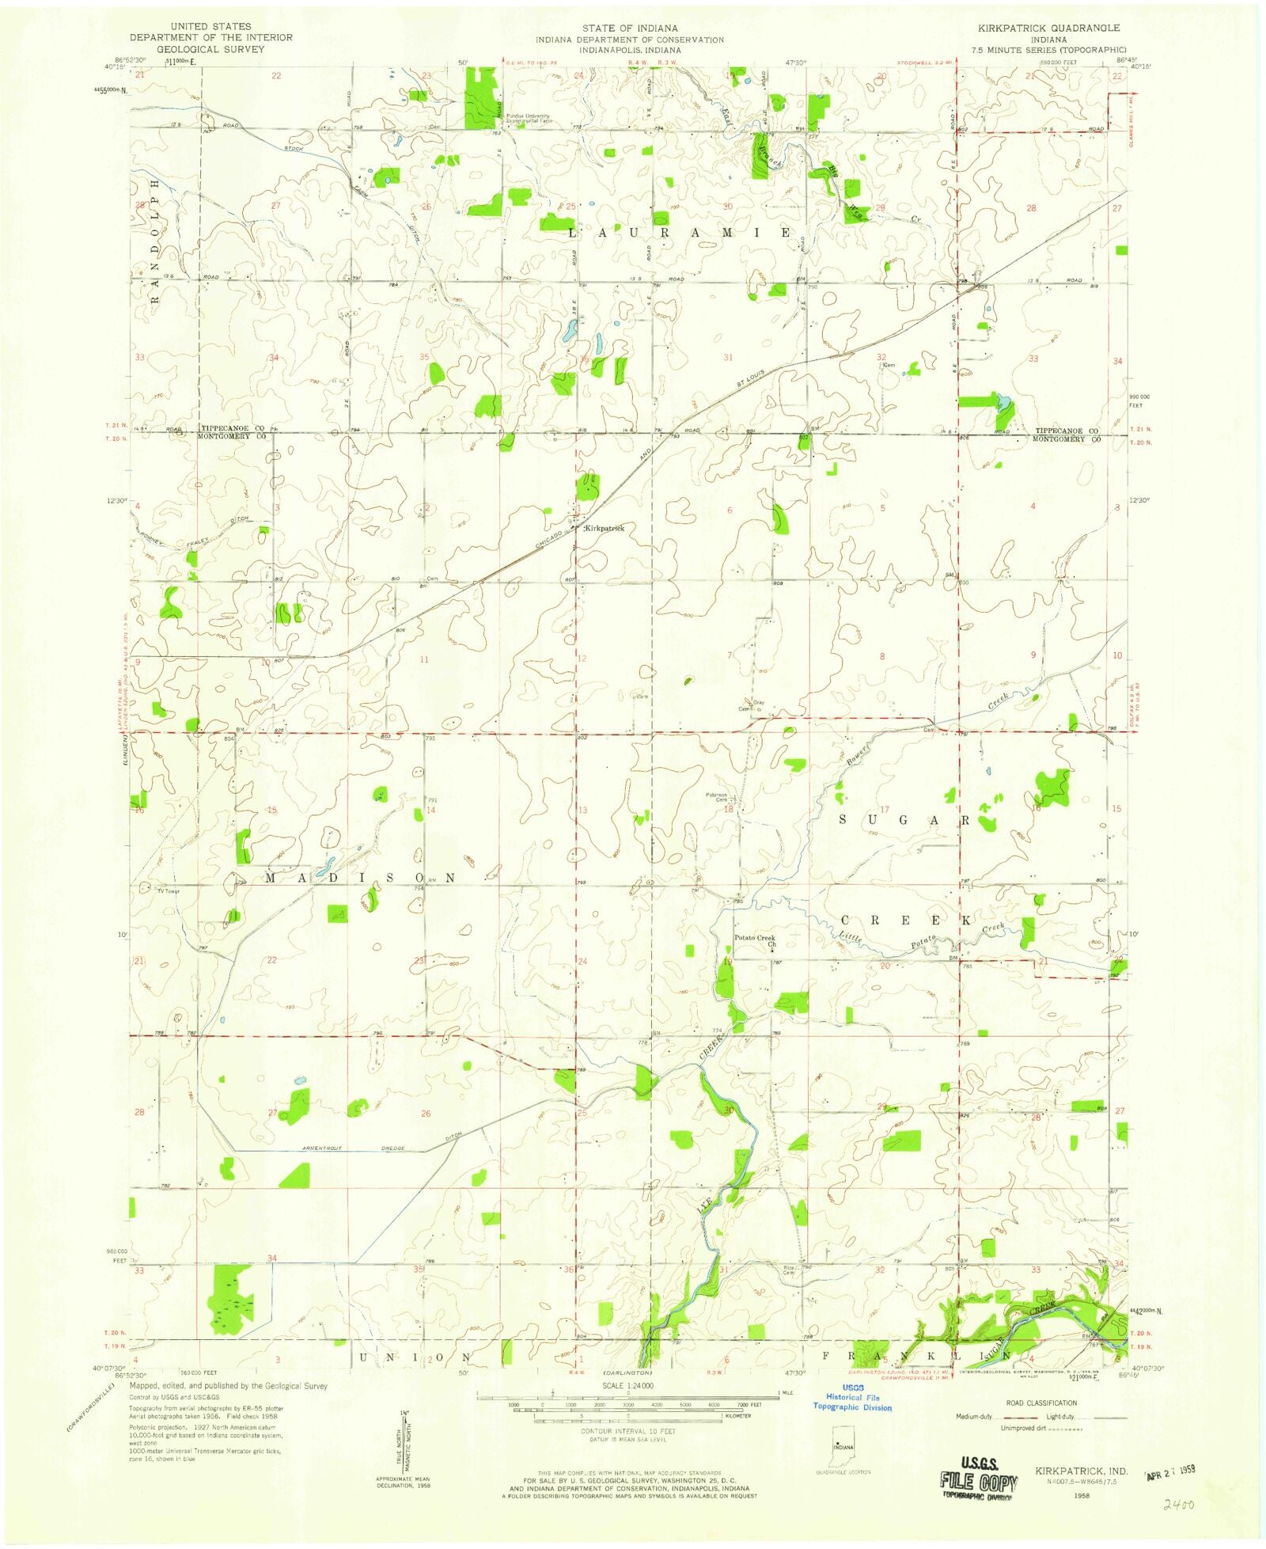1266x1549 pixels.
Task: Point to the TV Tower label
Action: point(169,891)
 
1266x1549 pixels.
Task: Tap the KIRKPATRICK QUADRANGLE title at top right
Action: point(1048,28)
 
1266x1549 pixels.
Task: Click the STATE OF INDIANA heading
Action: point(629,28)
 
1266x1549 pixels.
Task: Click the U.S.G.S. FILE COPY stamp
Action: point(978,1474)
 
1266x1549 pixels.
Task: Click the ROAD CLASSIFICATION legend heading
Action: point(1040,1403)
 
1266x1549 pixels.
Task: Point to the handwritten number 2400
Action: point(1177,1504)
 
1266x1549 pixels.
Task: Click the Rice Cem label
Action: point(788,1292)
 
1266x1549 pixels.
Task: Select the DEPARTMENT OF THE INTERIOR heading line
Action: point(211,38)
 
